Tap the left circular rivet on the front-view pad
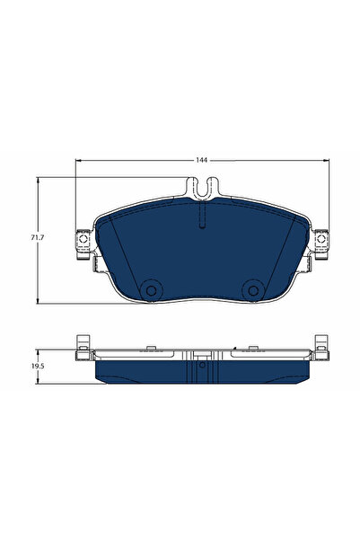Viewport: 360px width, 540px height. pyautogui.click(x=150, y=288)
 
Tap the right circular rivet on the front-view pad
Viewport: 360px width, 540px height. pyautogui.click(x=251, y=288)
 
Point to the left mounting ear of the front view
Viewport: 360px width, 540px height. pyautogui.click(x=84, y=243)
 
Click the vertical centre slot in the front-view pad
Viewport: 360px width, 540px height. pyautogui.click(x=201, y=221)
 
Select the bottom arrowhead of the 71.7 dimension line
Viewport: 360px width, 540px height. pyautogui.click(x=38, y=300)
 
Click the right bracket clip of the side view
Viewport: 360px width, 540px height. pyautogui.click(x=320, y=347)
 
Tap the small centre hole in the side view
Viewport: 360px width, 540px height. pyautogui.click(x=201, y=364)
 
